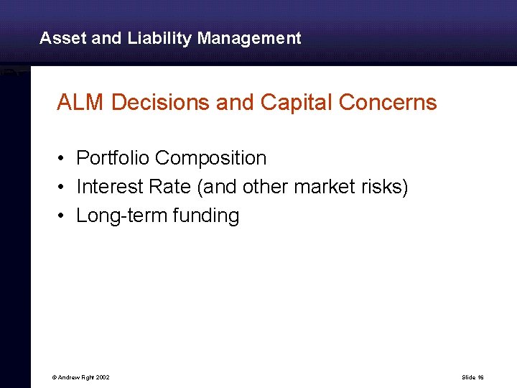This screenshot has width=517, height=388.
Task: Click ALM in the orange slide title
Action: (x=81, y=103)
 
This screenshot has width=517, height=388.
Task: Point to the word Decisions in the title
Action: (x=161, y=103)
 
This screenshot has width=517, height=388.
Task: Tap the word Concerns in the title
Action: (x=388, y=103)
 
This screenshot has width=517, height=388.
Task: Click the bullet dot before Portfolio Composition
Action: (x=63, y=159)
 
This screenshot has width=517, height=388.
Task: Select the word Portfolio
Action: (x=113, y=158)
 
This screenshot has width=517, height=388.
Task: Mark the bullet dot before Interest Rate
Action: (x=63, y=188)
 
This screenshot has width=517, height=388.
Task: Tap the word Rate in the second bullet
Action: (x=172, y=187)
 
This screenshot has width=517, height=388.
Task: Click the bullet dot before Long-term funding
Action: (x=63, y=216)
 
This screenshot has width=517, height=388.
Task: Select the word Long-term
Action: (x=122, y=216)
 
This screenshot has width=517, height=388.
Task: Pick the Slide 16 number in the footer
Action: (x=473, y=377)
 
